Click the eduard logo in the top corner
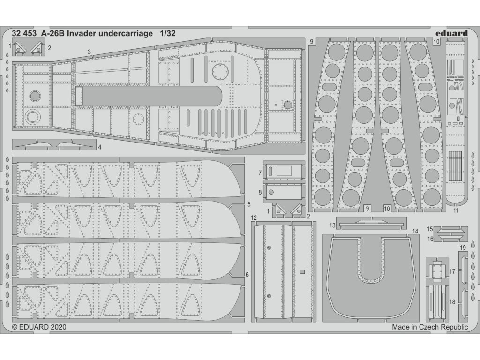pyautogui.click(x=450, y=33)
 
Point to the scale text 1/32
pyautogui.click(x=167, y=34)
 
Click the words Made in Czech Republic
pyautogui.click(x=430, y=327)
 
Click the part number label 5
pyautogui.click(x=248, y=204)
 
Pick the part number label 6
pyautogui.click(x=247, y=274)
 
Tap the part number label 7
pyautogui.click(x=260, y=173)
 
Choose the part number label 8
pyautogui.click(x=260, y=192)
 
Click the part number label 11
pyautogui.click(x=456, y=211)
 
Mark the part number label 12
pyautogui.click(x=254, y=218)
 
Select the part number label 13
pyautogui.click(x=332, y=225)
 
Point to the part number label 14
pyautogui.click(x=415, y=231)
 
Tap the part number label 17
pyautogui.click(x=452, y=271)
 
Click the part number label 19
pyautogui.click(x=462, y=247)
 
